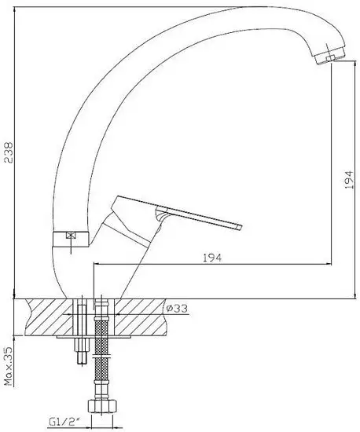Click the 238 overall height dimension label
[9, 152]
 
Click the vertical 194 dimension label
[349, 180]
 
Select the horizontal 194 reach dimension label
[212, 258]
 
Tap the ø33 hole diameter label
[177, 308]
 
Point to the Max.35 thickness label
[9, 366]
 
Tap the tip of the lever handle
[239, 228]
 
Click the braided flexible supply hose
[101, 350]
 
